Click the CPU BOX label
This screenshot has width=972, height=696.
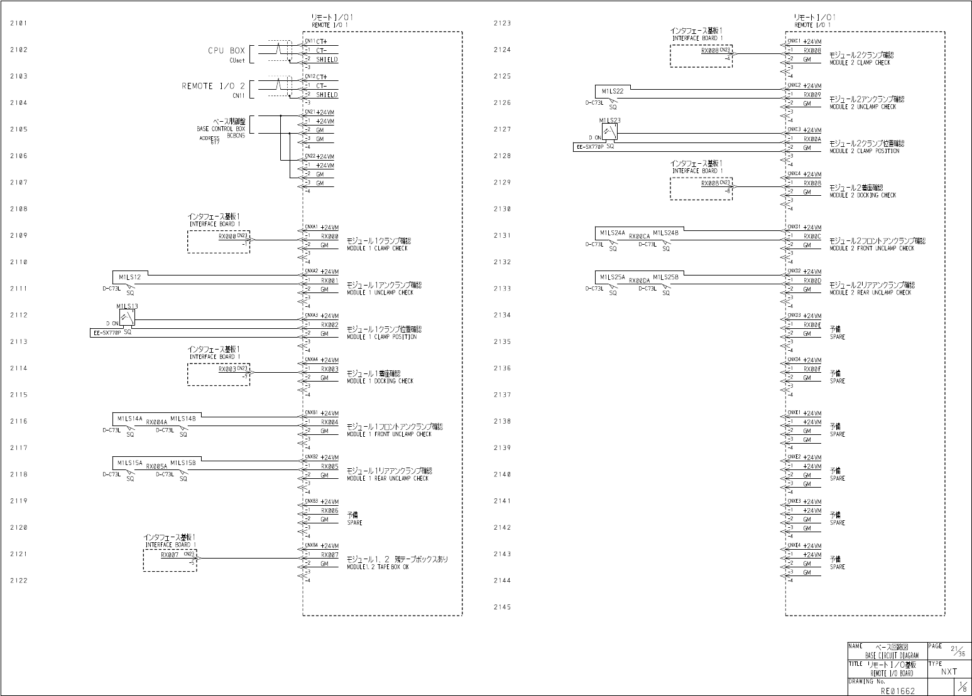click(226, 51)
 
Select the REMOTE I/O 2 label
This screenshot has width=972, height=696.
click(213, 86)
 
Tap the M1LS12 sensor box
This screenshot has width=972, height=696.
click(129, 277)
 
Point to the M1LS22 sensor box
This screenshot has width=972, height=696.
click(612, 92)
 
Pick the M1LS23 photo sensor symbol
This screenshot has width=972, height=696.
click(609, 132)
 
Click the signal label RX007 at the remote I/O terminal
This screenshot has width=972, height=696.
click(329, 555)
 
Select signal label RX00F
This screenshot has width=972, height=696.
click(812, 369)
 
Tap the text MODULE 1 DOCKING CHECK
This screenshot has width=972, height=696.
click(380, 381)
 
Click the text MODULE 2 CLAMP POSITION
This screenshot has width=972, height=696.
click(864, 151)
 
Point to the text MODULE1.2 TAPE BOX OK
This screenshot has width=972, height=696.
click(378, 567)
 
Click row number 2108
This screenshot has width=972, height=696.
click(19, 209)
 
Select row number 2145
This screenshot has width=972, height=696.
click(502, 607)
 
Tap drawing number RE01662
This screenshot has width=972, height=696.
click(897, 690)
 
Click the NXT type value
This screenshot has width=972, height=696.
click(949, 672)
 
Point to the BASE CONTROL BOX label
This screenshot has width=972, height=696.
click(221, 129)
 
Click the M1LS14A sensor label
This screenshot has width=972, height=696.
click(129, 418)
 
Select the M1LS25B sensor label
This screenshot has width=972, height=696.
click(665, 277)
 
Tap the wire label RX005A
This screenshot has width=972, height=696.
click(156, 467)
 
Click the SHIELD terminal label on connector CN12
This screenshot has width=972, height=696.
click(327, 95)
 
